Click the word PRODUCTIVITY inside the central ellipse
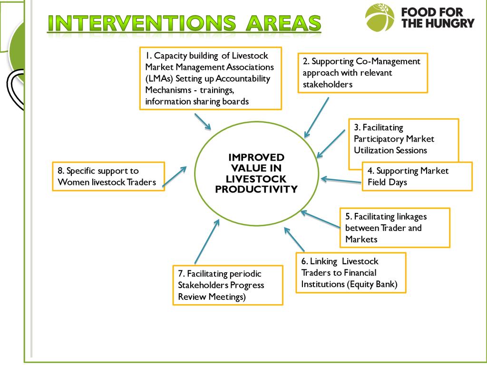pyautogui.click(x=256, y=190)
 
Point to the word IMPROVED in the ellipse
pyautogui.click(x=256, y=157)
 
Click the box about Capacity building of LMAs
pyautogui.click(x=210, y=78)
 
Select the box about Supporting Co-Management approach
pyautogui.click(x=363, y=73)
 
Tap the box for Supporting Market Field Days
pyautogui.click(x=417, y=176)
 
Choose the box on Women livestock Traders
pyautogui.click(x=108, y=176)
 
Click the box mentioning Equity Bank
pyautogui.click(x=351, y=272)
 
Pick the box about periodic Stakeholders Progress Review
pyautogui.click(x=227, y=285)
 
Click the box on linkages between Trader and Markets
pyautogui.click(x=394, y=228)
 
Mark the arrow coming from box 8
pyautogui.click(x=175, y=176)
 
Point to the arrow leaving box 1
pyautogui.click(x=203, y=121)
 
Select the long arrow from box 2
pyautogui.click(x=317, y=118)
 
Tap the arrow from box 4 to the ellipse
pyautogui.click(x=341, y=180)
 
